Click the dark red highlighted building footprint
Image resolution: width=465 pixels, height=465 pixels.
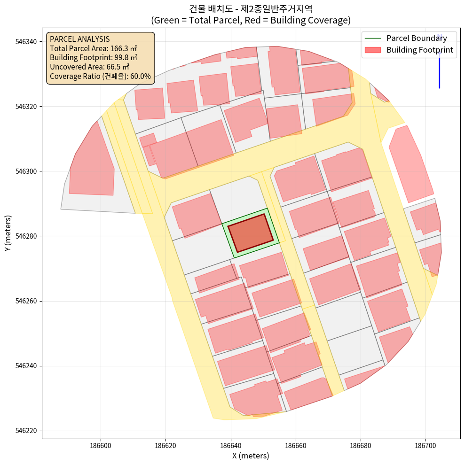point(251,233)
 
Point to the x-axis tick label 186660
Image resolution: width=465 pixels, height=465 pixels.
point(296,444)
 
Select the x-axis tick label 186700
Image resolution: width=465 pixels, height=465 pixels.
point(426,444)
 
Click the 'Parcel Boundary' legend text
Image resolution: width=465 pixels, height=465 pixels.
point(417,38)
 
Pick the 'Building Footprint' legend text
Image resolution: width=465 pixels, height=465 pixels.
point(419,50)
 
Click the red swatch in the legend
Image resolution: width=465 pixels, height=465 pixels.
point(372,50)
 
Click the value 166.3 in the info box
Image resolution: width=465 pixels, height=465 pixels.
point(119,48)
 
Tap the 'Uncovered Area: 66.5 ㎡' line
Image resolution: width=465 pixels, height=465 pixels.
point(89,67)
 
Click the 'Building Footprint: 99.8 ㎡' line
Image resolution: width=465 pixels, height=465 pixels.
point(93,57)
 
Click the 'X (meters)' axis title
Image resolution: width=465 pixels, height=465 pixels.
point(251,456)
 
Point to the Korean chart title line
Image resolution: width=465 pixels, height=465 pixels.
point(251,9)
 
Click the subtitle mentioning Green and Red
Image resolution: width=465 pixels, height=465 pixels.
point(251,20)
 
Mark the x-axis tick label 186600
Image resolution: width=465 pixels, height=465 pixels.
point(101,444)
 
